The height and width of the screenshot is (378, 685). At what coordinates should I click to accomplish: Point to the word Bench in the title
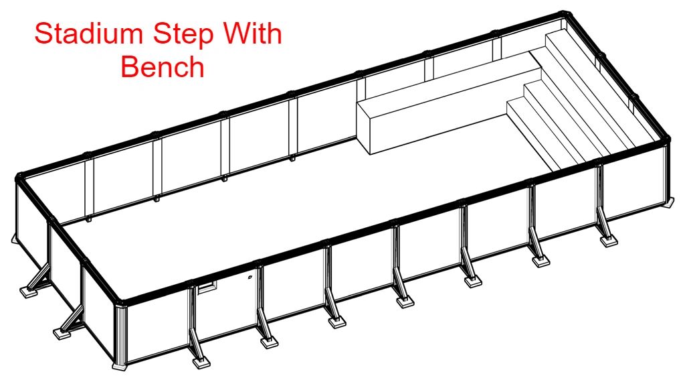[163, 67]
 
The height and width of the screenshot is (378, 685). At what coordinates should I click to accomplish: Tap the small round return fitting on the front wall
[249, 277]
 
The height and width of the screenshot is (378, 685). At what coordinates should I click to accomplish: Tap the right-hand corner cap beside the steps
[666, 139]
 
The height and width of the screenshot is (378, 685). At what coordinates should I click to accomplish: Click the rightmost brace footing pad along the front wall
[609, 241]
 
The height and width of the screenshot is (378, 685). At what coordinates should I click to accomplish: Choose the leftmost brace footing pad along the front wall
[201, 362]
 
